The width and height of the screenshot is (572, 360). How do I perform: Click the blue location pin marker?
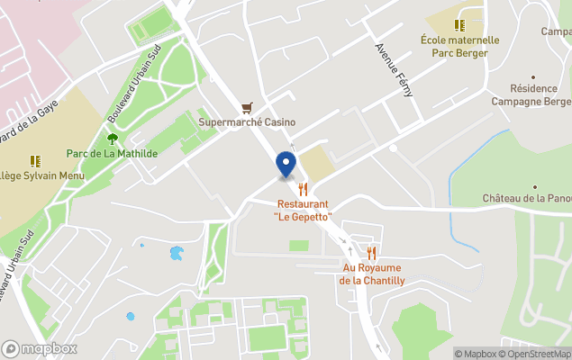tap(286, 165)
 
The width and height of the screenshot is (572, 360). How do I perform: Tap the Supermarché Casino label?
tap(248, 122)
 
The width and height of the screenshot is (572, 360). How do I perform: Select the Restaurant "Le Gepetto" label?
tap(303, 211)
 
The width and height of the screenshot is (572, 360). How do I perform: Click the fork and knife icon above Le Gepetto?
tap(304, 189)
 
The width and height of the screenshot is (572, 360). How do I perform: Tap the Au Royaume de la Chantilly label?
tap(372, 274)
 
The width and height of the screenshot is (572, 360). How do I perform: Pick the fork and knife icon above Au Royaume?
tap(372, 253)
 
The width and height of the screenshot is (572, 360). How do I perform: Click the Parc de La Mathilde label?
tap(113, 154)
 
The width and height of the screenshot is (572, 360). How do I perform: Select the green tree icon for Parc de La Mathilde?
tap(113, 139)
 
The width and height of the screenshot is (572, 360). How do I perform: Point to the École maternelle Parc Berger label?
tap(459, 46)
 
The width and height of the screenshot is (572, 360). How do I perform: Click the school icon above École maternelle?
tap(459, 25)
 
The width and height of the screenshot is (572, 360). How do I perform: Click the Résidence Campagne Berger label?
tap(535, 94)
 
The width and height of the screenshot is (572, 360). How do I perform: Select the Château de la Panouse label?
tap(527, 198)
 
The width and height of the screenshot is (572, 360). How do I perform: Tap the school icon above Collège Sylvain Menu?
tap(35, 160)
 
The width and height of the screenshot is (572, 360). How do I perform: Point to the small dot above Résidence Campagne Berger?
tap(535, 77)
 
